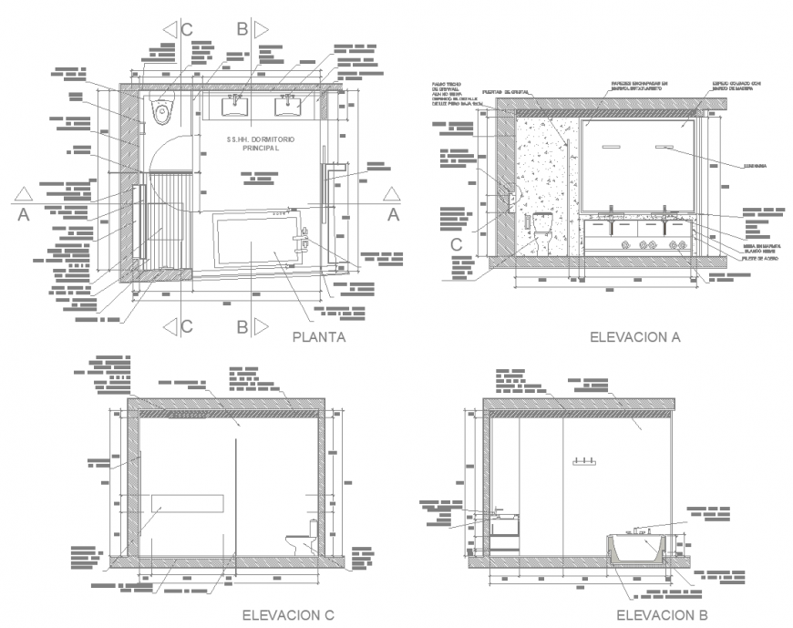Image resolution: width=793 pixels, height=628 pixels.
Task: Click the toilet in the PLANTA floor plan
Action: click(163, 111)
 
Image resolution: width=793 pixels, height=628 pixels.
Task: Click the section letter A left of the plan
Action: click(24, 214)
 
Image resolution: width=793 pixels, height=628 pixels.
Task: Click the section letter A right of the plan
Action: click(393, 214)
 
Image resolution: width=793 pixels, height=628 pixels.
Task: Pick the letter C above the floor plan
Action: click(186, 29)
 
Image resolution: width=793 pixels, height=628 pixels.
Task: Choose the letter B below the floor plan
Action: click(242, 326)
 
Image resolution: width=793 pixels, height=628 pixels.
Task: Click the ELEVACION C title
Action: click(288, 615)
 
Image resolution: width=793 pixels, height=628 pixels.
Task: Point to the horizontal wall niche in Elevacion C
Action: click(187, 502)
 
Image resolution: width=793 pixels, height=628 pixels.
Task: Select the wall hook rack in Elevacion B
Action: click(583, 462)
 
